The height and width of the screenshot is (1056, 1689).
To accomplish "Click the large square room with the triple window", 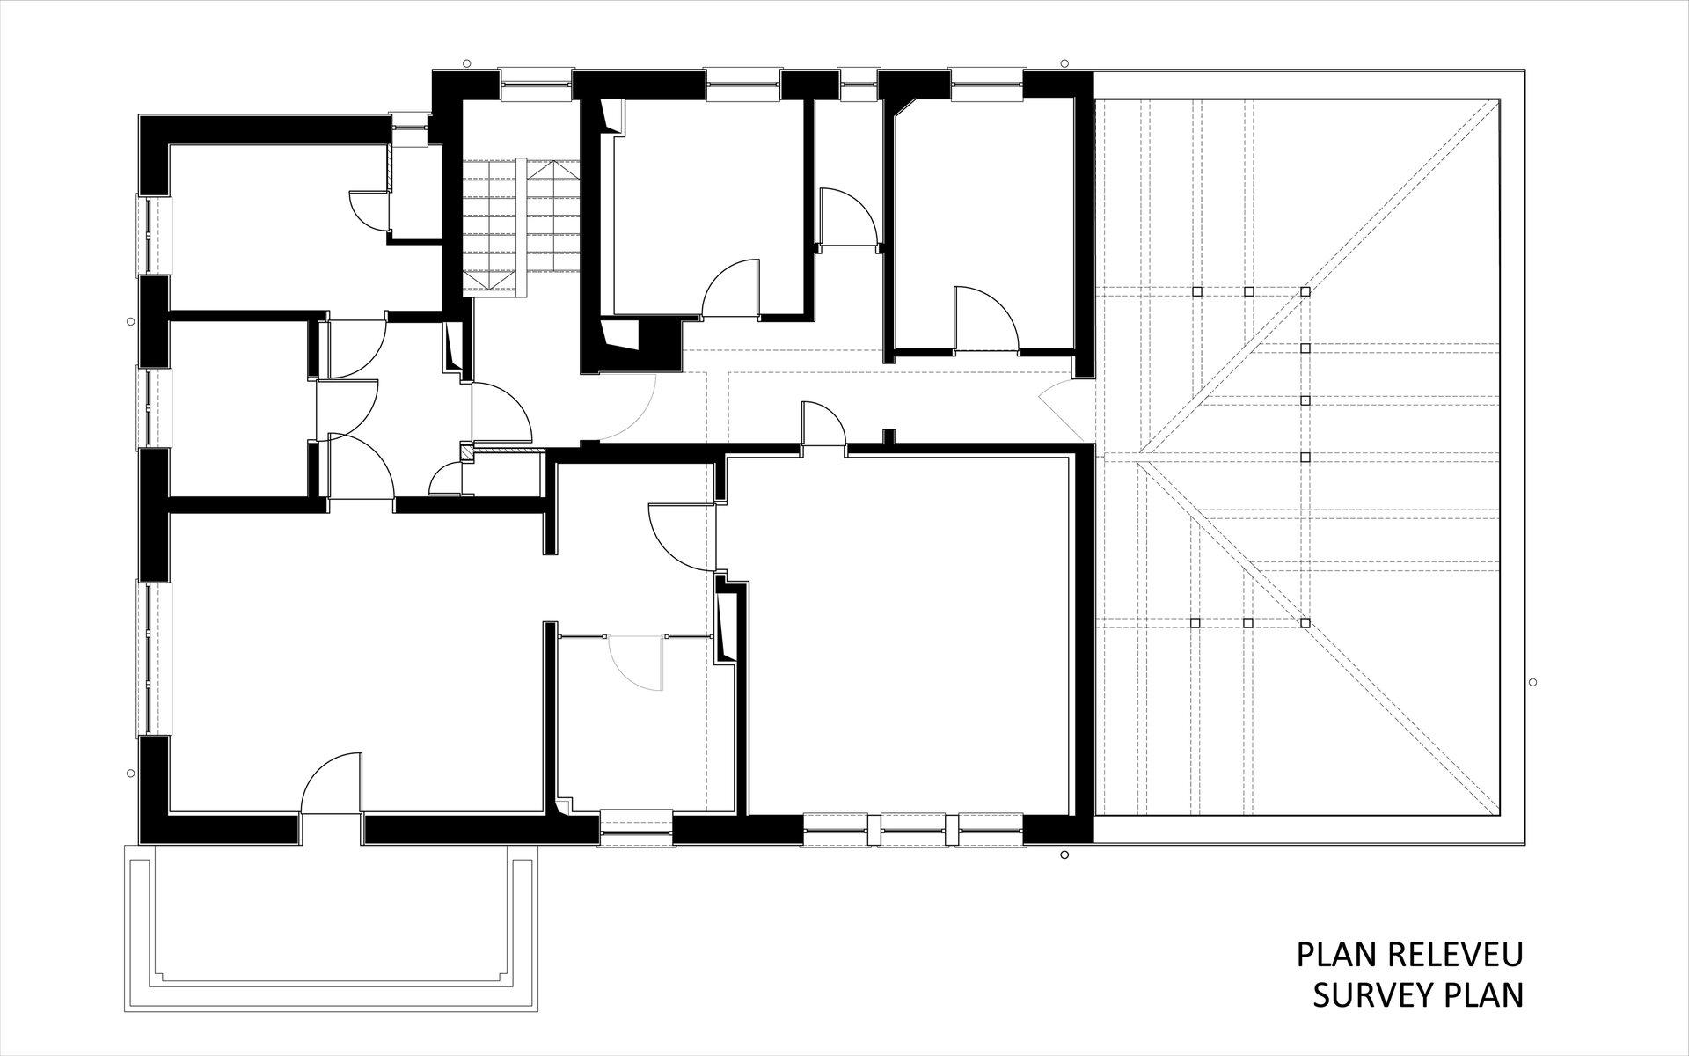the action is tap(906, 634).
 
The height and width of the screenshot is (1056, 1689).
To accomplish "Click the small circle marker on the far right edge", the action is tap(1532, 682).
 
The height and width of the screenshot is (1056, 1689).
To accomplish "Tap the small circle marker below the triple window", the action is tap(1064, 854).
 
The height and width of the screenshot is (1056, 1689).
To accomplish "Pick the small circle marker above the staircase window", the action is tap(466, 63).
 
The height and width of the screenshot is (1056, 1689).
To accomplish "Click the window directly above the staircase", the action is tap(537, 85).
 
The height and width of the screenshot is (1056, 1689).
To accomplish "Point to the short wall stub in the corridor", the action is tap(888, 438).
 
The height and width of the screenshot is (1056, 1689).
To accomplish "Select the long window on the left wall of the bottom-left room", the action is tap(154, 657).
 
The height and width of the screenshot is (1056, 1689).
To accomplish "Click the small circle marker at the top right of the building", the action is tap(1064, 63).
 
